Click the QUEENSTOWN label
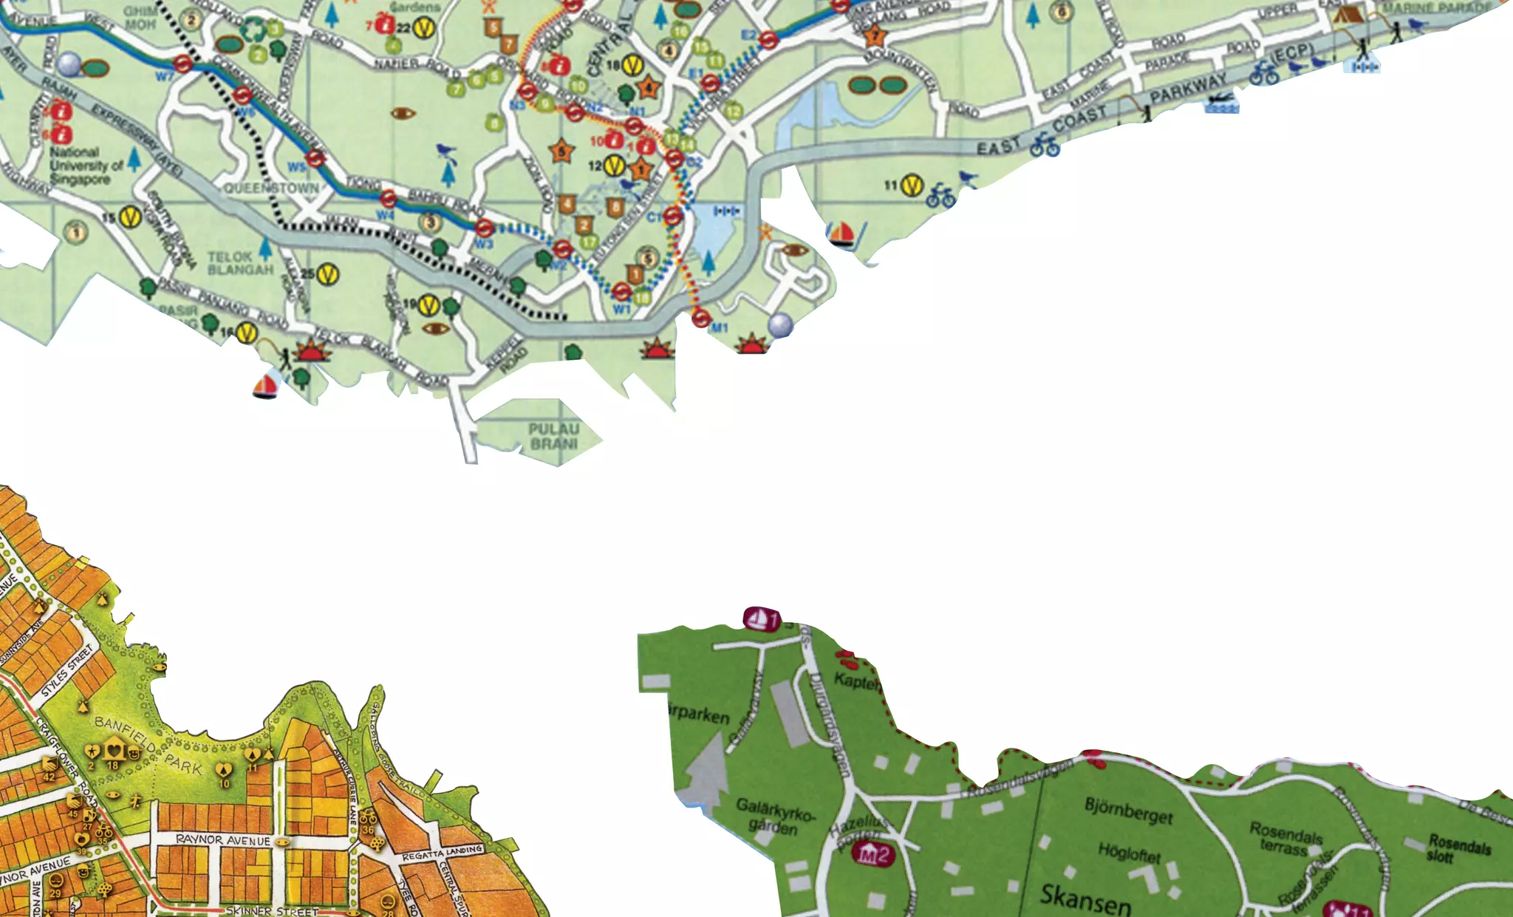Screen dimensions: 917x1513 [x=271, y=188]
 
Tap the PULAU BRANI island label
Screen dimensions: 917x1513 [x=554, y=436]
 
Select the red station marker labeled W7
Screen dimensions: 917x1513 [x=183, y=65]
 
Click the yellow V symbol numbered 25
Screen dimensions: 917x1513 [x=328, y=275]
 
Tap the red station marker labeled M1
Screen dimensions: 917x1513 [x=700, y=318]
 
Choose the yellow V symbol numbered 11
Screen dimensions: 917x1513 [x=913, y=185]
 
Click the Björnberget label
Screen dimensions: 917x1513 [x=1128, y=810]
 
